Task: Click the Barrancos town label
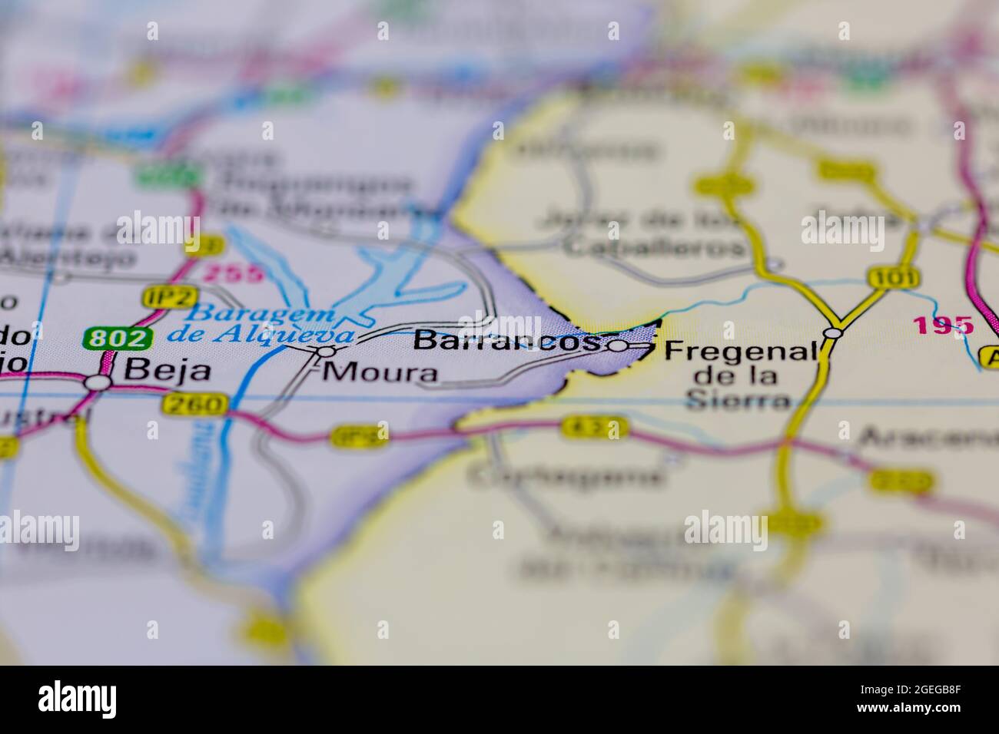[506, 341]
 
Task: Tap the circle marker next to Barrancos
[618, 346]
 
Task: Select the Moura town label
[381, 373]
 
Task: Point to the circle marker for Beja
[98, 382]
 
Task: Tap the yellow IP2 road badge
[160, 296]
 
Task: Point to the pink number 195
[943, 325]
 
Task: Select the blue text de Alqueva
[261, 335]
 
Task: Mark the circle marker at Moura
[327, 352]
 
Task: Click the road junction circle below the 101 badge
[832, 333]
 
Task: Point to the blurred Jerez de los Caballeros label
[642, 233]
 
